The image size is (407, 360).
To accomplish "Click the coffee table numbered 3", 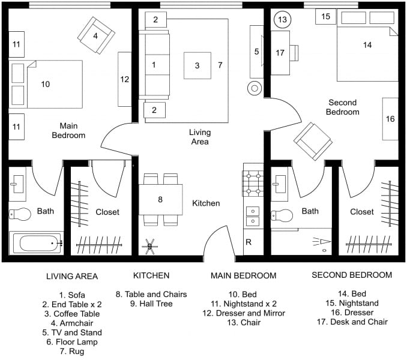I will (197, 65).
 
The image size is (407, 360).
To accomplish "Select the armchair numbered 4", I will (95, 35).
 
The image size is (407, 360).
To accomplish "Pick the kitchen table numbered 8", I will (160, 199).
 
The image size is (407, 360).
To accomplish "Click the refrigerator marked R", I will (249, 242).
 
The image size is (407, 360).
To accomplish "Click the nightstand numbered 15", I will (325, 17).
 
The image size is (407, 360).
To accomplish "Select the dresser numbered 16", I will (390, 119).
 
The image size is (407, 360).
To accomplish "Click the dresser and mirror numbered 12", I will (124, 79).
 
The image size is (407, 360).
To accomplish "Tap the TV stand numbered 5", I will (256, 52).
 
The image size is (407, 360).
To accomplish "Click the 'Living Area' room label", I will (199, 137).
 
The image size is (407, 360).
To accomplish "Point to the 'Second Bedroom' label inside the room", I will (343, 107).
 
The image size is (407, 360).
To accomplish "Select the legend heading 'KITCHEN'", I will (151, 276).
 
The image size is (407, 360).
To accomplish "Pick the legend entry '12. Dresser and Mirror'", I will (243, 313).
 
